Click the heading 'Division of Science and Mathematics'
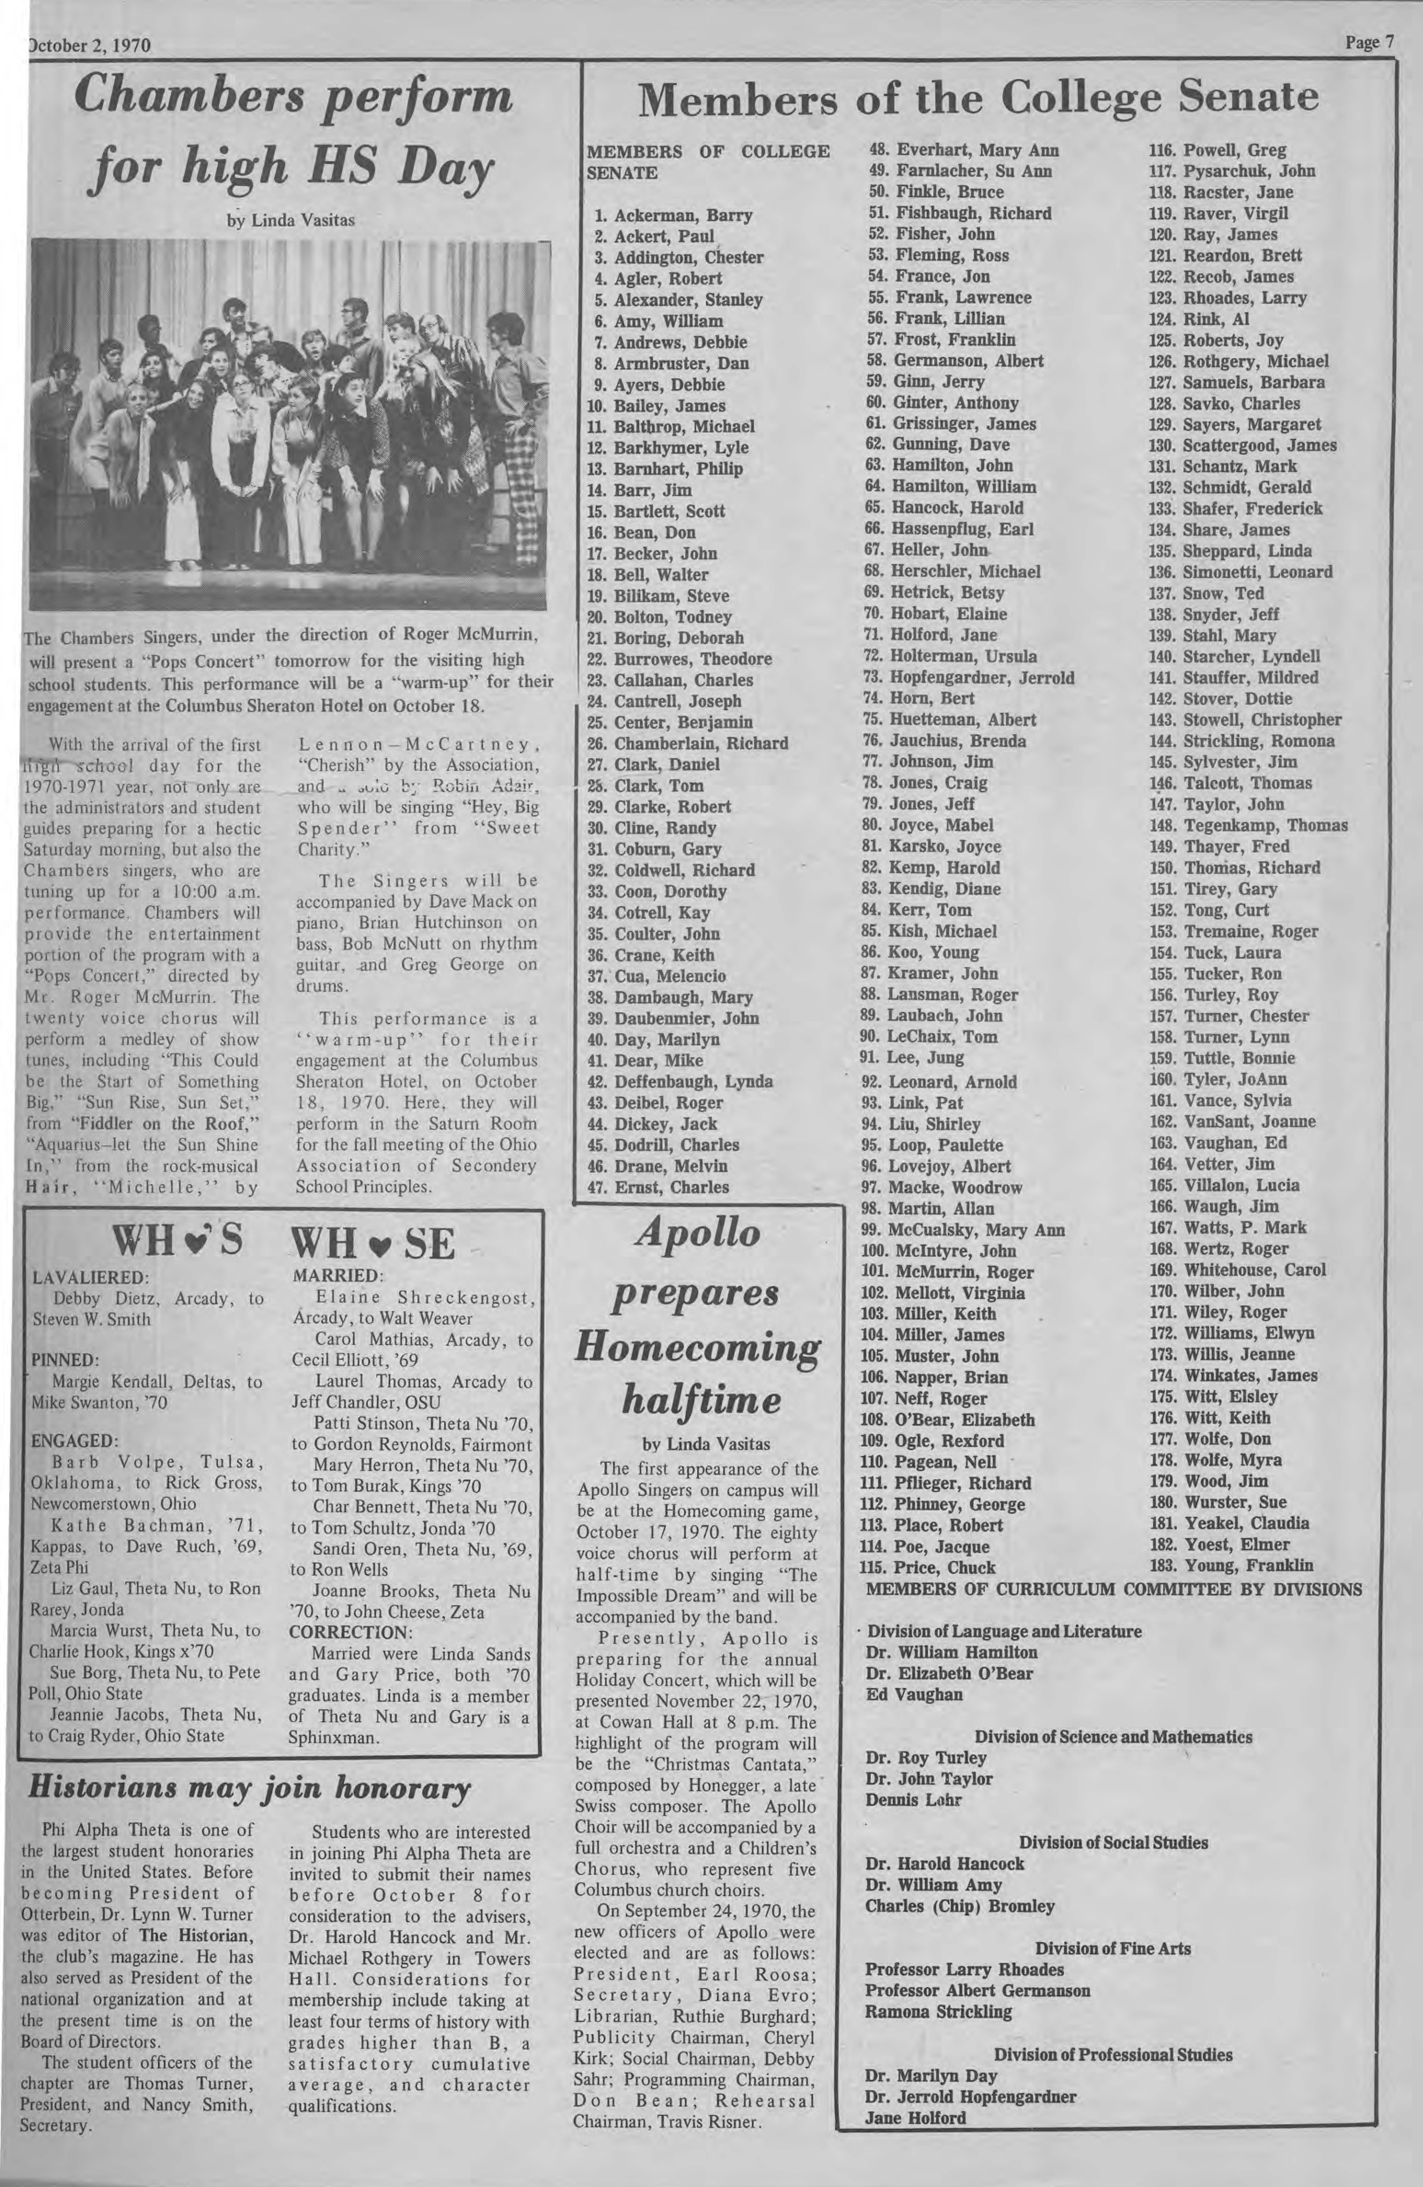(x=1113, y=1737)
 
